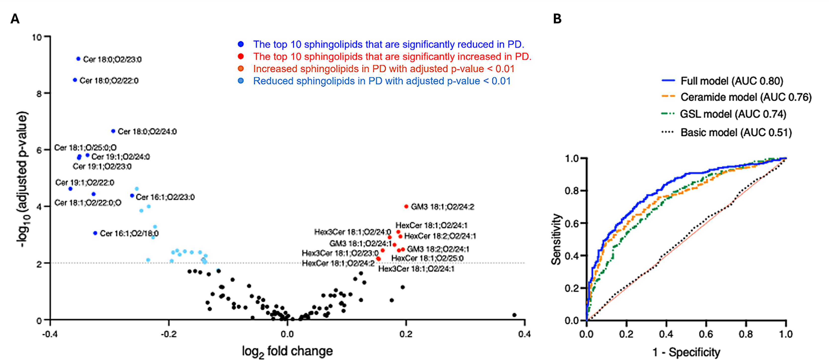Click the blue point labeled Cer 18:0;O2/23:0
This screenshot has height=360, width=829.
tap(78, 59)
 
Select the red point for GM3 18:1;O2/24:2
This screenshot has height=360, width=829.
tap(406, 206)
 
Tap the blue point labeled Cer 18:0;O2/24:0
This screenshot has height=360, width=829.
tap(113, 131)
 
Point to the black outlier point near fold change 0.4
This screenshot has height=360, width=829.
tap(514, 315)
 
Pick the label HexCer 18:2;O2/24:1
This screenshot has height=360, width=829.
tap(440, 236)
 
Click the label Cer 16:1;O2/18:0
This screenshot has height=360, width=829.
tap(129, 233)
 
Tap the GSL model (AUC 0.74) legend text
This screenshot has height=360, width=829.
tap(733, 114)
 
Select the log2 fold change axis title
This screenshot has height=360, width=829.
tap(287, 351)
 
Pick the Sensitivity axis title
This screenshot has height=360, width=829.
tap(556, 239)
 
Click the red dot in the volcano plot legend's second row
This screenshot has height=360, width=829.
tap(241, 56)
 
